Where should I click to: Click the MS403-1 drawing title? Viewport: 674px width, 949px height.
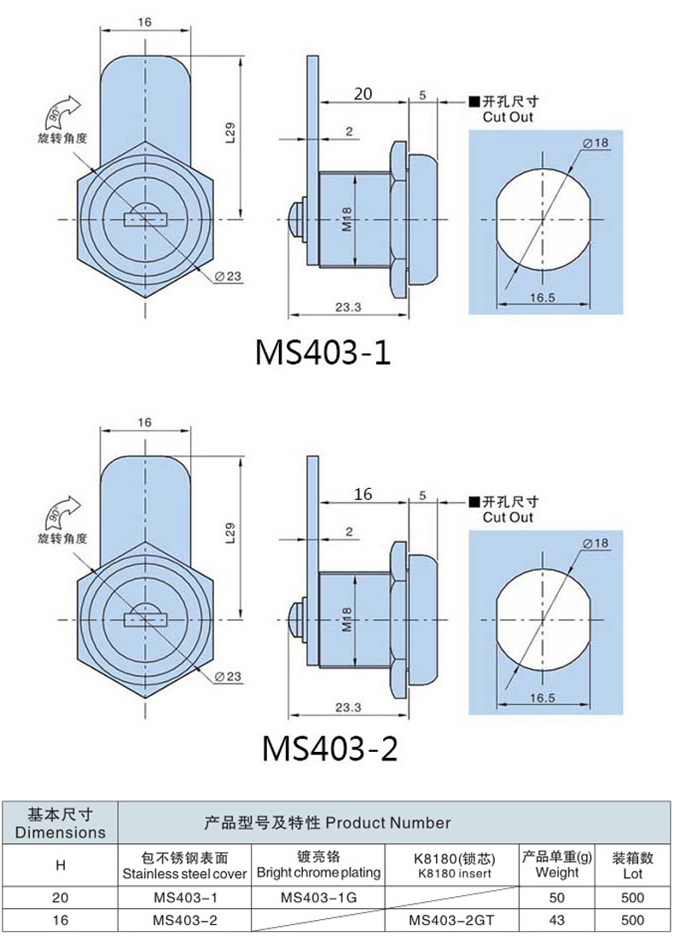point(323,352)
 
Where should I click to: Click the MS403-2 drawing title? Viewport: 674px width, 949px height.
point(329,748)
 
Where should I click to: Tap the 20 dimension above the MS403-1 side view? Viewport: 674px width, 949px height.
point(363,94)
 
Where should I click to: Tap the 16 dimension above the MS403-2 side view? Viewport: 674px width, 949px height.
point(363,494)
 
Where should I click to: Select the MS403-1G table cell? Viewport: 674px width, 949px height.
point(318,898)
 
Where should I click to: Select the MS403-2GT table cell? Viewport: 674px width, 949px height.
point(451,920)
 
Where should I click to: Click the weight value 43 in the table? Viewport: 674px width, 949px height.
point(556,920)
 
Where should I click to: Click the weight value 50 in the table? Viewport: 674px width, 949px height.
point(556,898)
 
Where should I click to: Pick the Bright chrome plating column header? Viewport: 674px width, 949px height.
point(319,865)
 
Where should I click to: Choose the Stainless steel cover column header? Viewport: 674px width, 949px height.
point(184,866)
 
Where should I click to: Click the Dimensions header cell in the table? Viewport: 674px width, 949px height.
point(60,823)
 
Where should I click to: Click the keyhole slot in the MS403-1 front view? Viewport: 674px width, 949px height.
point(145,218)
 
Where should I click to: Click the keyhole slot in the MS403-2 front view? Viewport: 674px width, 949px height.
point(145,619)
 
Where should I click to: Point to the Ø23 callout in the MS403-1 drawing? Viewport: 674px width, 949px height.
point(228,276)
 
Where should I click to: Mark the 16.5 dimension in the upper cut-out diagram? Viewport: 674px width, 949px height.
point(542,297)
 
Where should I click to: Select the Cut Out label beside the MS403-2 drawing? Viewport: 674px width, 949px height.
point(508,517)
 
